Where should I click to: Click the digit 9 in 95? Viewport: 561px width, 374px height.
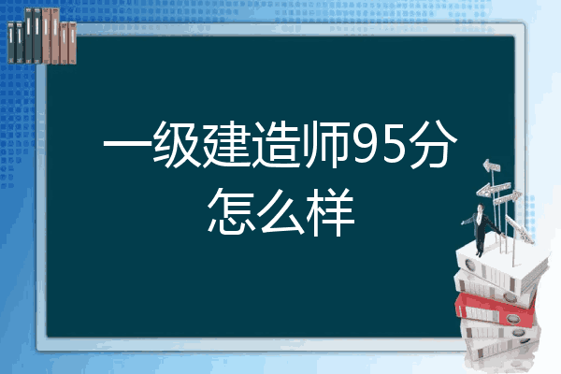[365, 146]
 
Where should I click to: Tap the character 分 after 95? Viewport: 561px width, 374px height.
[433, 145]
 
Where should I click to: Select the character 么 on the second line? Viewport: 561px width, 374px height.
[280, 212]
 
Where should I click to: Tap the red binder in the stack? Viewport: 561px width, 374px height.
[495, 309]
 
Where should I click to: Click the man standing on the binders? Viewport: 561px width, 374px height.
[481, 230]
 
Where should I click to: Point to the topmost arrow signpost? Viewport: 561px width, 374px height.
[492, 165]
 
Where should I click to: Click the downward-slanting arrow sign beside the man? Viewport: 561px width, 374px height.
[519, 228]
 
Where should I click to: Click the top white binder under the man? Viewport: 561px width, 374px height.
[501, 266]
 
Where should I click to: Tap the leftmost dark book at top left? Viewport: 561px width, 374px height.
[11, 42]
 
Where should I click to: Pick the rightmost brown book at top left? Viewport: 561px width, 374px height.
[73, 43]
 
